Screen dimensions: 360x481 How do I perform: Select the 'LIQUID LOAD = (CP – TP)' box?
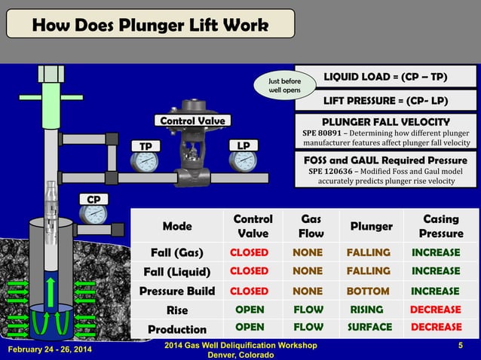[x=385, y=76]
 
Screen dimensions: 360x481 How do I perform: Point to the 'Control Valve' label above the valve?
[x=191, y=121]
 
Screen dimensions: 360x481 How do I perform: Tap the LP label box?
[x=244, y=145]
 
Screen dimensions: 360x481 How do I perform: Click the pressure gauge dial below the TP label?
[x=145, y=162]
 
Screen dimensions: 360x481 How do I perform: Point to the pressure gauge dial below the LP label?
[x=244, y=161]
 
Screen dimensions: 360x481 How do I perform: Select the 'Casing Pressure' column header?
[x=441, y=226]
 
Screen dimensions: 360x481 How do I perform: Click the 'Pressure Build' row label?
[x=177, y=291]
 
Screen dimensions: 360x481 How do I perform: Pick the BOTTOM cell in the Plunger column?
[x=368, y=291]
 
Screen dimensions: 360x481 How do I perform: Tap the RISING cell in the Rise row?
[x=366, y=310]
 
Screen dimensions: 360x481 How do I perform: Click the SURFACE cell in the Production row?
[x=369, y=328]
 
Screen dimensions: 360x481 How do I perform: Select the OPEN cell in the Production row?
[x=250, y=328]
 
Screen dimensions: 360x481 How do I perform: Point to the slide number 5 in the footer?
[x=459, y=346]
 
